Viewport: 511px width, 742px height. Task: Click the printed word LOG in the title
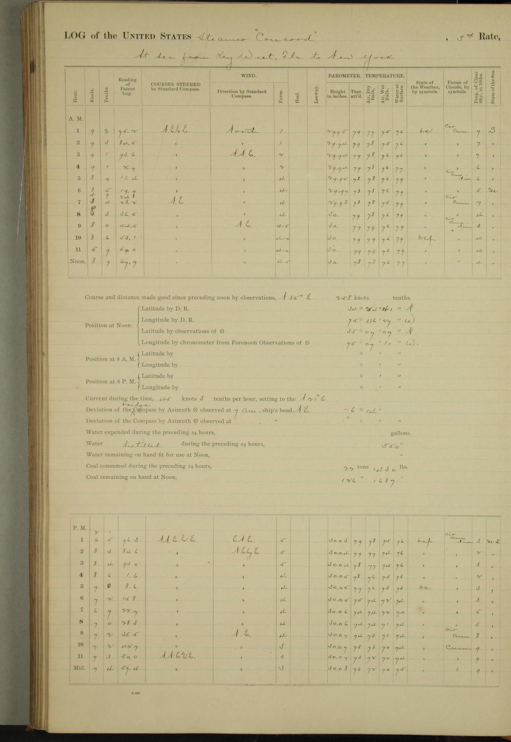[75, 36]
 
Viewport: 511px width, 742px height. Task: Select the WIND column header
[248, 75]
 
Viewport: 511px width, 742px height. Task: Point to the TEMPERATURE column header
[385, 75]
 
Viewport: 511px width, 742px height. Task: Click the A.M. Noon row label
[78, 261]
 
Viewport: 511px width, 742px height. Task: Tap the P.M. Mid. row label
[79, 667]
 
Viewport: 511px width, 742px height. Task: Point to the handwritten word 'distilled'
[141, 445]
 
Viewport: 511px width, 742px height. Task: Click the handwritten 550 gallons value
[392, 446]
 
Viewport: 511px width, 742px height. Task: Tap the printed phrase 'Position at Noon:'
[108, 325]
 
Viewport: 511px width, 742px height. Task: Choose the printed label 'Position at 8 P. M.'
[110, 382]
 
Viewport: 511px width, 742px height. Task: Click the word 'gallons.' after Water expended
[401, 433]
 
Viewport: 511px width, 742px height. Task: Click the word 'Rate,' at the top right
[489, 37]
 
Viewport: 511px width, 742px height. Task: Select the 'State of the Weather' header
[425, 87]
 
